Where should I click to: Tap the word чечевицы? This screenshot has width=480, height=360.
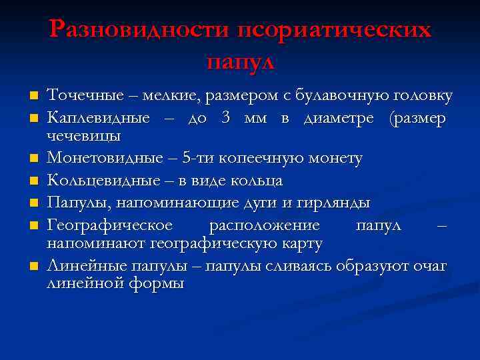coord(83,136)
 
